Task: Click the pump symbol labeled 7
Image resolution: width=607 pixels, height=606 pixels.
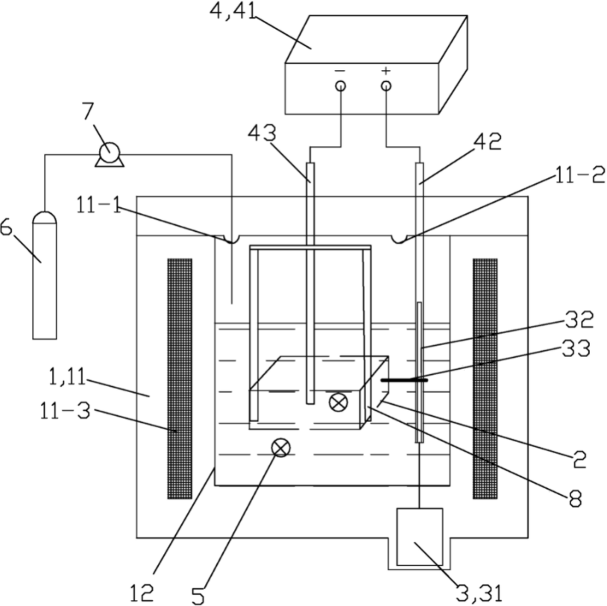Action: [x=110, y=155]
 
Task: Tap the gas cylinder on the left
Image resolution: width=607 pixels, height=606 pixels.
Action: [x=45, y=275]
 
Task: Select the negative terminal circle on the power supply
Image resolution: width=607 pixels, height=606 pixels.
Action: [x=341, y=86]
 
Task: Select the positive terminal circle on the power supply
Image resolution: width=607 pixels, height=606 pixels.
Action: [x=386, y=86]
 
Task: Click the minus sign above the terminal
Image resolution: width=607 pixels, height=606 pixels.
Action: [x=340, y=71]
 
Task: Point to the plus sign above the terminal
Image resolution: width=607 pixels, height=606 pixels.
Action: [x=386, y=70]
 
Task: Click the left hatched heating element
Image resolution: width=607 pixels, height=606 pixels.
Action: [x=180, y=379]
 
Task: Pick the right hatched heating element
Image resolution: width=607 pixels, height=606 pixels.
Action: [x=485, y=379]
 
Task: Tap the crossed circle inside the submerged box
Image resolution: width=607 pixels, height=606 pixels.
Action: [x=339, y=403]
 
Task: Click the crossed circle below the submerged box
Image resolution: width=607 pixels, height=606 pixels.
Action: [x=281, y=448]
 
